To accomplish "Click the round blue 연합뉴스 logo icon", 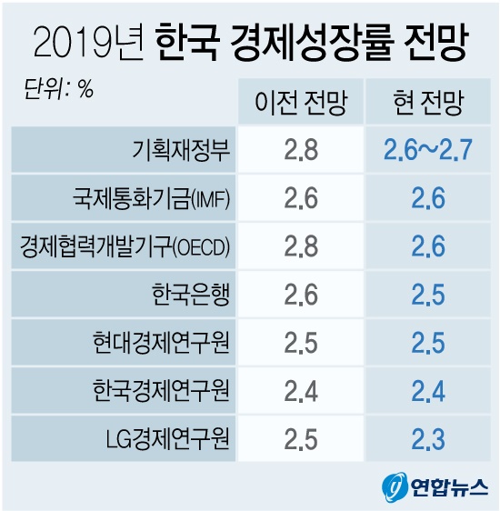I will pos(393,486).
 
